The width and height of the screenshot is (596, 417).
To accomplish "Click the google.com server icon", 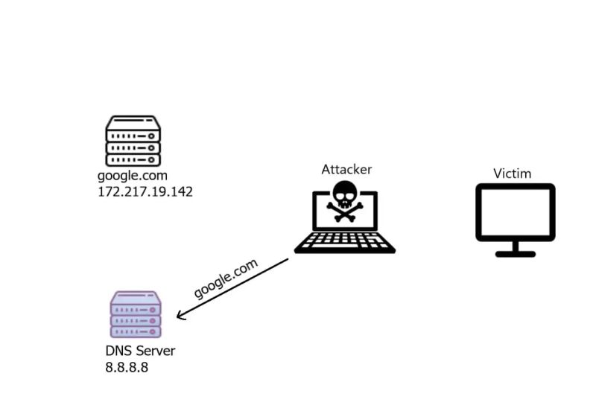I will click(x=133, y=141).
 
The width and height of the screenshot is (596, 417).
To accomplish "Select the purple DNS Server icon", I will click(x=136, y=315).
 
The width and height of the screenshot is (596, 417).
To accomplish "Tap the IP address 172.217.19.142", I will click(x=145, y=191).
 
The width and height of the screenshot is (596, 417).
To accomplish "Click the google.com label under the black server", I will click(x=133, y=176).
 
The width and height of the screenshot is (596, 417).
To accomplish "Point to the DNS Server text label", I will click(x=140, y=351).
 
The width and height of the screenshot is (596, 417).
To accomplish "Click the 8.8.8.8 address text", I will click(x=127, y=366).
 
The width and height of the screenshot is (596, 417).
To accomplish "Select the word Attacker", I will click(x=346, y=169).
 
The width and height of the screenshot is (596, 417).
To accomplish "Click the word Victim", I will click(x=513, y=174).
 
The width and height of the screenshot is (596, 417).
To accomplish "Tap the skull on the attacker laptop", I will click(x=345, y=196).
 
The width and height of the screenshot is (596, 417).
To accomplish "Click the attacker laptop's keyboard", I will click(x=345, y=241).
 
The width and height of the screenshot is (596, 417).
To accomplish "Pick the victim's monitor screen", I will click(x=516, y=211).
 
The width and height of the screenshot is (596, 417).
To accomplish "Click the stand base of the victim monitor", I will click(x=516, y=254).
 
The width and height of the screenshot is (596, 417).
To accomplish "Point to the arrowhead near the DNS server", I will click(x=180, y=316).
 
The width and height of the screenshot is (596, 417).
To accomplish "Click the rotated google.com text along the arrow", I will click(x=226, y=279).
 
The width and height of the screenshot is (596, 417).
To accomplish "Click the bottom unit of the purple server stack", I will click(x=136, y=331).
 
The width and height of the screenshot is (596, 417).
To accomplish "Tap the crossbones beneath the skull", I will click(x=345, y=214).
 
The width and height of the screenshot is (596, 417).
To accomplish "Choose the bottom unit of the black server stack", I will click(x=133, y=159).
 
